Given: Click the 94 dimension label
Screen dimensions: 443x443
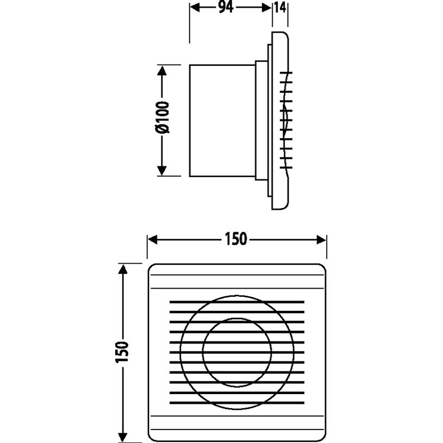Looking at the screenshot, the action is click(x=226, y=8).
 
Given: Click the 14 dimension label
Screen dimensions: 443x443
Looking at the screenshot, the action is click(x=280, y=8).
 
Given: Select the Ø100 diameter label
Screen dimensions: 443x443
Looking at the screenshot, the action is click(x=163, y=117).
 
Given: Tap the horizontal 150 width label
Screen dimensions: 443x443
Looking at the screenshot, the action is click(x=236, y=239).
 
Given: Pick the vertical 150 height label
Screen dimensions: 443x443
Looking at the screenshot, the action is click(x=122, y=352).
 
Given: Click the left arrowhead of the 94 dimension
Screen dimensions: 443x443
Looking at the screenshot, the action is click(x=195, y=8).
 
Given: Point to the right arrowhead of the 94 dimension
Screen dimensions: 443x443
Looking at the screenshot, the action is click(x=267, y=8).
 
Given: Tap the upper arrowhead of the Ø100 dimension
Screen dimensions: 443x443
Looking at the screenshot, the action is click(x=161, y=70).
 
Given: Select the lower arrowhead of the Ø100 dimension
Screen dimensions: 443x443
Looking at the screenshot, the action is click(x=161, y=171).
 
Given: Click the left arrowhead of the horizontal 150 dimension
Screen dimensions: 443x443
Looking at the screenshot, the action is click(x=153, y=240).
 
